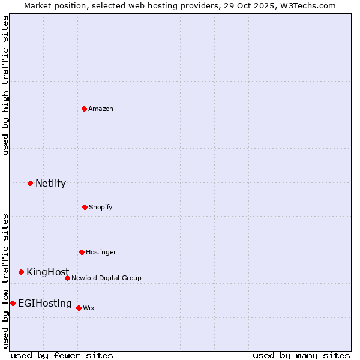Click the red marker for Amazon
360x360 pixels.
(85, 109)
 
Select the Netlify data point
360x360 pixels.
(30, 183)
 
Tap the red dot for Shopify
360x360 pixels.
(85, 207)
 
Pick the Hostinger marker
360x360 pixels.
(82, 252)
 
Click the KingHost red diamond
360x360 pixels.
(21, 272)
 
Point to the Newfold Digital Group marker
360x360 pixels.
(67, 278)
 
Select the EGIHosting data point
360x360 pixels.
(13, 303)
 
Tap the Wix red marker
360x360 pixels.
(79, 308)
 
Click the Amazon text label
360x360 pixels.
(101, 109)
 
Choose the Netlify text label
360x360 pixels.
(50, 184)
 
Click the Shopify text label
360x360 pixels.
(100, 207)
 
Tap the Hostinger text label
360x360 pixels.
(101, 252)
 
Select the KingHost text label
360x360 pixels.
(47, 272)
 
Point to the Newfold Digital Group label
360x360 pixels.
(106, 278)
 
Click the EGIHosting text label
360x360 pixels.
(44, 304)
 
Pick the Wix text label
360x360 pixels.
(88, 308)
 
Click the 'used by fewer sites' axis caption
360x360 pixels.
(62, 355)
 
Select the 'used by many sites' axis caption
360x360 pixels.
(301, 355)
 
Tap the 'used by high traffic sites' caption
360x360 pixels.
(5, 85)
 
